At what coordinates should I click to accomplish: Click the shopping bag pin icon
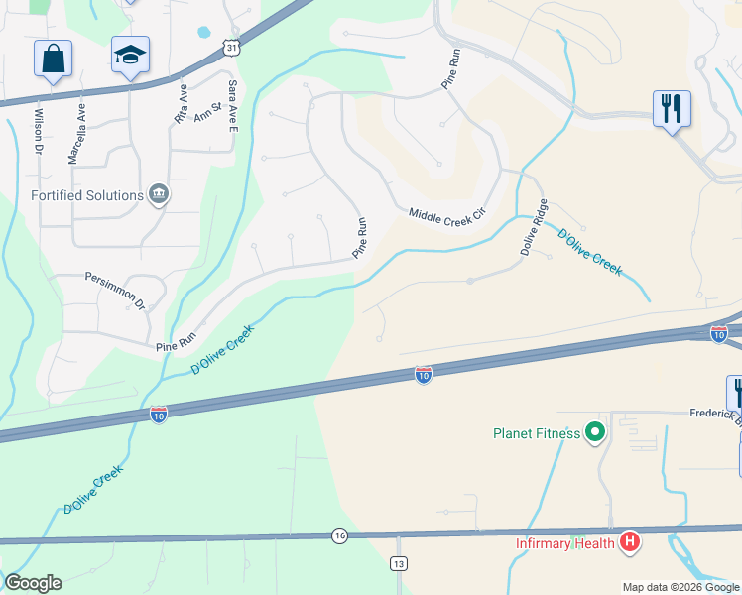tap(53, 59)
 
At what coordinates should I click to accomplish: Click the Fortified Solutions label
tap(87, 195)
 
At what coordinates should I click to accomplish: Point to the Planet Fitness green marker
tap(595, 432)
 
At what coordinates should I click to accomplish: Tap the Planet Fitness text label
tap(539, 432)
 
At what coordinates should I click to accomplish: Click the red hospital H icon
tap(629, 541)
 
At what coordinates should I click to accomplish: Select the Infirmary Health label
tap(564, 542)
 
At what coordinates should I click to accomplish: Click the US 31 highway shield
tap(231, 48)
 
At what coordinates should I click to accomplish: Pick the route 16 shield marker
tap(340, 535)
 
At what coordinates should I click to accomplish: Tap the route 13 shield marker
tap(399, 563)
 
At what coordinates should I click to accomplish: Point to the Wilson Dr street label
tap(39, 129)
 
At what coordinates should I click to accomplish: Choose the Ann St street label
tap(207, 113)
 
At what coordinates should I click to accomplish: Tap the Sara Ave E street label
tap(233, 106)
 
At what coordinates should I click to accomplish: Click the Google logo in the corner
tap(33, 583)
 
